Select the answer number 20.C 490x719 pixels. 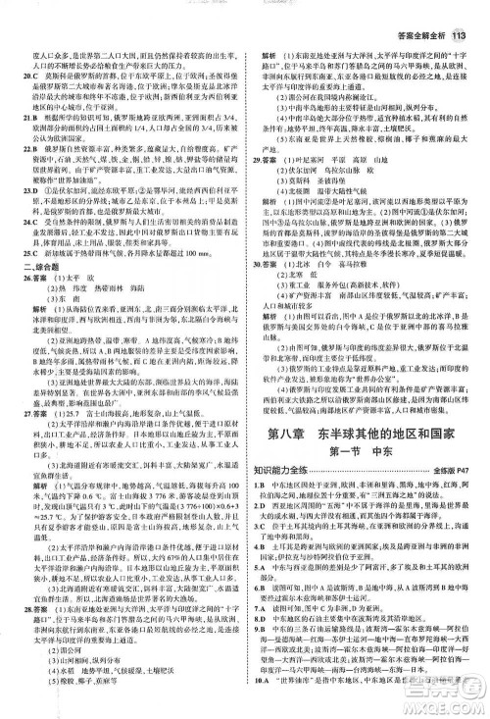click(32, 73)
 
